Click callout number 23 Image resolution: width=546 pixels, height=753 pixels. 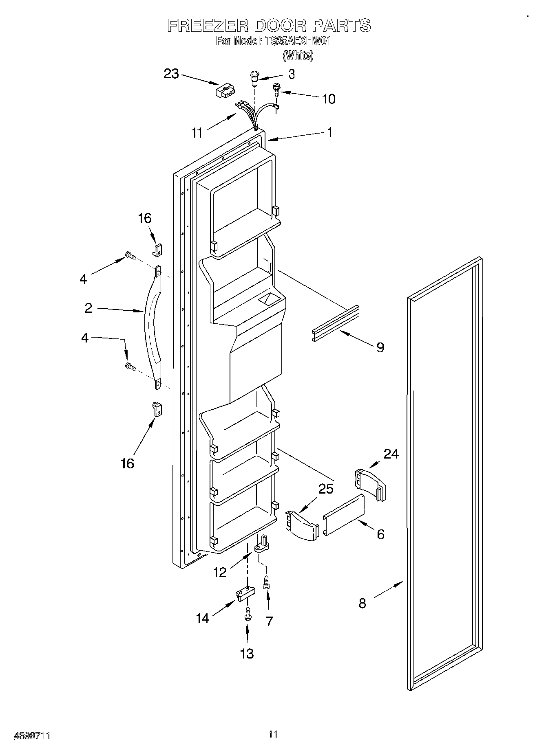(171, 74)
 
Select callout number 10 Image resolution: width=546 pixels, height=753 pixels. (329, 99)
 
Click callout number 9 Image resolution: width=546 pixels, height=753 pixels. (380, 347)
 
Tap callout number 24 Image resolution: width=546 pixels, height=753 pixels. (391, 453)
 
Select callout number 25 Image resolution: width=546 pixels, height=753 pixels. (325, 489)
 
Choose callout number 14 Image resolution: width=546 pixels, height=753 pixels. (202, 618)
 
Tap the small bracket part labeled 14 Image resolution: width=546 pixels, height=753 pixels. (244, 594)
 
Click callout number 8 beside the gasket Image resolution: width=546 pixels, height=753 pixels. (363, 603)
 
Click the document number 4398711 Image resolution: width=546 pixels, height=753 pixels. (32, 735)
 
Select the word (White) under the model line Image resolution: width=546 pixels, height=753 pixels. (298, 55)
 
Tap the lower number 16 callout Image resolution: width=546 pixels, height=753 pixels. (127, 463)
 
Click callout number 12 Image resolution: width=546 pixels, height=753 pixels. (220, 573)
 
